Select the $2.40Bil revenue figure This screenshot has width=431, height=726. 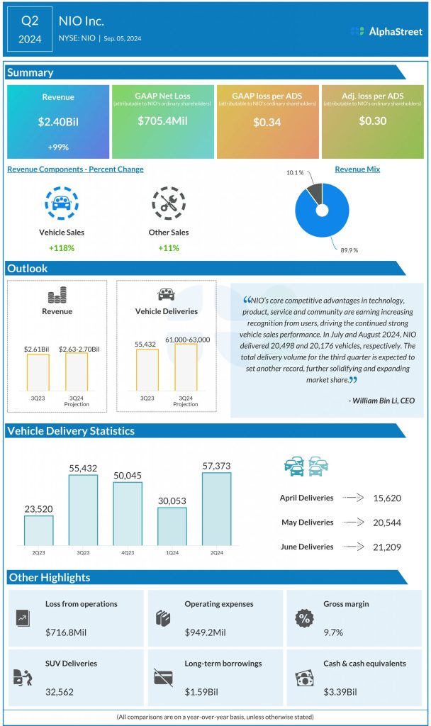[x=58, y=122]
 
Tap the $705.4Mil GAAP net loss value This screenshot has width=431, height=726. [x=162, y=121]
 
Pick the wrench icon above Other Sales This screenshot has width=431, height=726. [x=169, y=203]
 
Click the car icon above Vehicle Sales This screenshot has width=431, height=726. [x=58, y=203]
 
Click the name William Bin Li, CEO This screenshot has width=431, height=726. [x=382, y=401]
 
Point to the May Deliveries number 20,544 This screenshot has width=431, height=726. [x=387, y=523]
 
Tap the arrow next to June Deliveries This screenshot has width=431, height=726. [x=352, y=547]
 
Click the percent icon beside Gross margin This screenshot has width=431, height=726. [x=304, y=618]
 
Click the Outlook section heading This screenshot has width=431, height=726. [x=28, y=269]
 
